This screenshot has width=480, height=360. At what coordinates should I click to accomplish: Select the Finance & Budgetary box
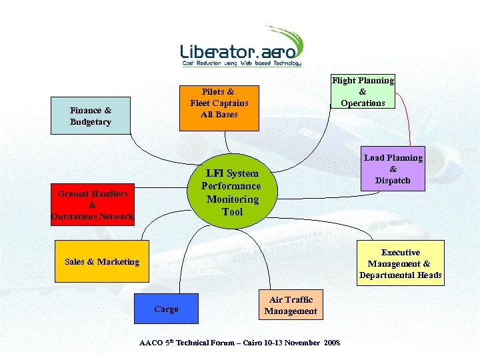91,116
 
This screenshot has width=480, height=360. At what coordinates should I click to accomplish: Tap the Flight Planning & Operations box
363,91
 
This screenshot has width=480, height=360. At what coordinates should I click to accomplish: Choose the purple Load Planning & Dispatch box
393,169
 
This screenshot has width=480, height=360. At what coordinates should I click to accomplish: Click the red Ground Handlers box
93,205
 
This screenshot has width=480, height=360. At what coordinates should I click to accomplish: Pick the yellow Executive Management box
400,263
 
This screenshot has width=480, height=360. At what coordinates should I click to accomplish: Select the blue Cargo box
166,309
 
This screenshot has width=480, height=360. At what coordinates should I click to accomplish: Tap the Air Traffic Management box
290,305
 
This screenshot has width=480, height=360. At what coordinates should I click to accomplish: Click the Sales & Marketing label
102,262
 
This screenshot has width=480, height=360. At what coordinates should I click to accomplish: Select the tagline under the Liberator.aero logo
241,63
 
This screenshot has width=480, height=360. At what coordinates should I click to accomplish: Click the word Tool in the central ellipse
233,212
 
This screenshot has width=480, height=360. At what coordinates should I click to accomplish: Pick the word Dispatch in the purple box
393,181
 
